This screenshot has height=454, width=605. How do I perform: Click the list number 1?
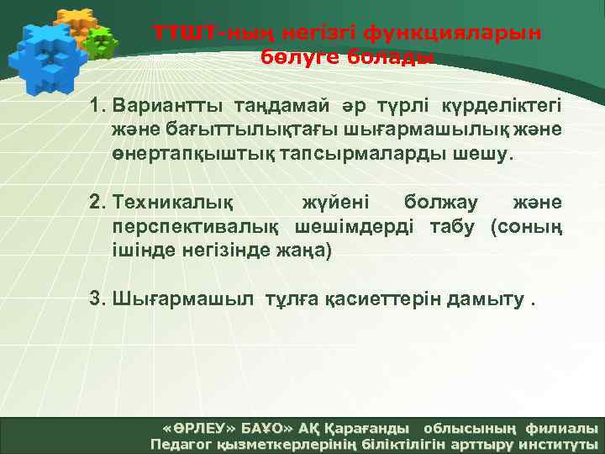click(98, 108)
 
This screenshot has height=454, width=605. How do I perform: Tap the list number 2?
click(98, 203)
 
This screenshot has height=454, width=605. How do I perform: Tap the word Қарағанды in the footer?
click(369, 428)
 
